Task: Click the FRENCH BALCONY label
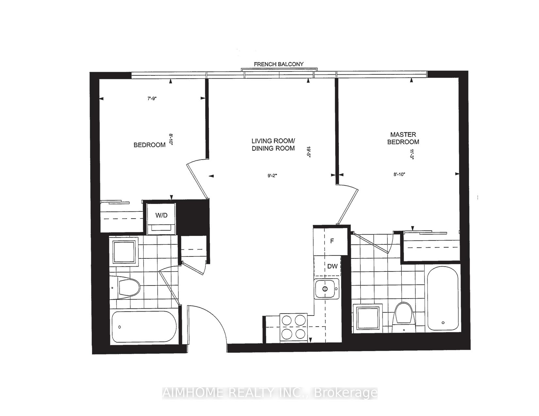click(x=279, y=64)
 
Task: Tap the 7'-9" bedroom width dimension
click(x=152, y=99)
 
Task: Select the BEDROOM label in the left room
click(x=150, y=145)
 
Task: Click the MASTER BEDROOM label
click(x=403, y=138)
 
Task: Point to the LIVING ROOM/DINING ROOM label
click(x=273, y=145)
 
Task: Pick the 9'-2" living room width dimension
click(x=272, y=176)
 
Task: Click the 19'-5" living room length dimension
click(x=308, y=152)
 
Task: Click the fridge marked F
click(x=332, y=241)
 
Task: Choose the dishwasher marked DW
click(x=332, y=266)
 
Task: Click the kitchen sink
click(x=327, y=289)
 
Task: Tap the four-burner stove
click(x=293, y=327)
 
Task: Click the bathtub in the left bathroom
click(x=144, y=327)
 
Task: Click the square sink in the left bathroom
click(x=124, y=252)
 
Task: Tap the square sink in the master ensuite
click(x=368, y=318)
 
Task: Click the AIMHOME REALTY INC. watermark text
click(x=270, y=393)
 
